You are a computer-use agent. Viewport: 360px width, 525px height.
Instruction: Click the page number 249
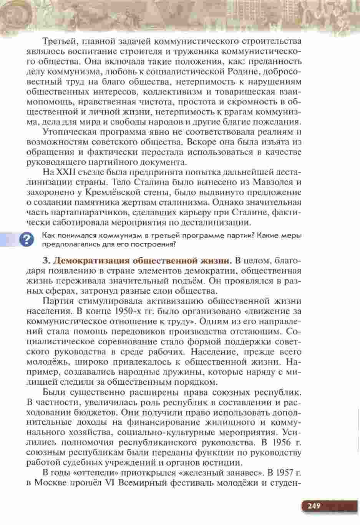coord(314,505)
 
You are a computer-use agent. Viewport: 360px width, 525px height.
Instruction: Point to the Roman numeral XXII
coord(66,172)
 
